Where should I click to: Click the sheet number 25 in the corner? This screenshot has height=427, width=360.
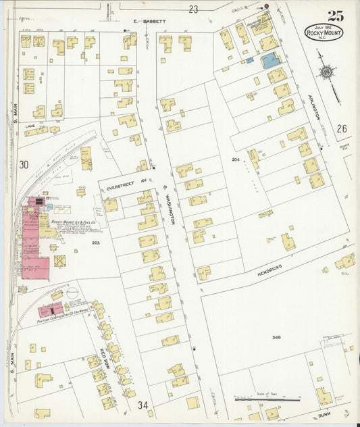[335, 16]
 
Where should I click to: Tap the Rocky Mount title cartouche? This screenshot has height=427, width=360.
[324, 32]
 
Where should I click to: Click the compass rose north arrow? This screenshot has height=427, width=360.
[328, 71]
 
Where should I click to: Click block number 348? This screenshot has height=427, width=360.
[276, 337]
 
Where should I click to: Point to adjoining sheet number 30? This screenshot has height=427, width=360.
[24, 164]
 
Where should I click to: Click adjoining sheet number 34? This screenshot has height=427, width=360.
[143, 405]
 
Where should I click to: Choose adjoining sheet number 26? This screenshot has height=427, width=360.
[342, 128]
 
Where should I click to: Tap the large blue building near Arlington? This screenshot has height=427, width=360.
[271, 61]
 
